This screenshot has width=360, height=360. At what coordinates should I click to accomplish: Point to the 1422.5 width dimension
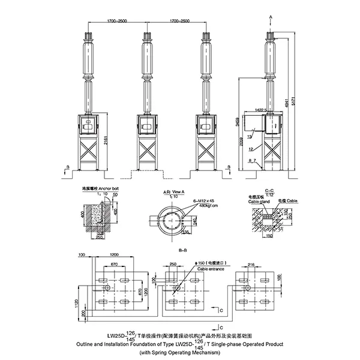click(260, 110)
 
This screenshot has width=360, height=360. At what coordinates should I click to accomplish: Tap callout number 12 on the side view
click(249, 148)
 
